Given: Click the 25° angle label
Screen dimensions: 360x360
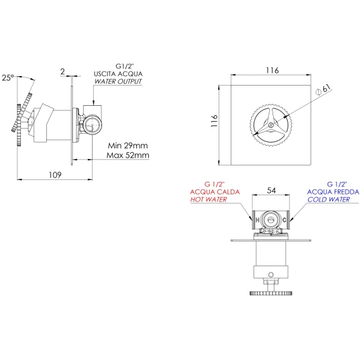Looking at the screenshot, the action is point(8,77).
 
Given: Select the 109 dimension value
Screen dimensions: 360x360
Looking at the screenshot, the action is point(55,175).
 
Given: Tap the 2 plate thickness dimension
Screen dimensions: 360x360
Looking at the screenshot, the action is point(63,72).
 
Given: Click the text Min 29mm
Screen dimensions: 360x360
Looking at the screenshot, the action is point(128,146).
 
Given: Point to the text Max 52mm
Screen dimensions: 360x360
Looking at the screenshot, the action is point(128,155).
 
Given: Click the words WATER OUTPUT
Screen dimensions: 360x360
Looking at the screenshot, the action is point(119,82).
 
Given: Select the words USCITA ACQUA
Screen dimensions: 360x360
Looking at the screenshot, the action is point(119,74).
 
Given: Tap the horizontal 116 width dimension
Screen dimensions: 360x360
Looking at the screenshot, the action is point(273,70).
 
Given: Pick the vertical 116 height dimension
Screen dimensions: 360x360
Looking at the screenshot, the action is point(214,121).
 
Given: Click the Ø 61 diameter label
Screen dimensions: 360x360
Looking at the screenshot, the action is point(324,90).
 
